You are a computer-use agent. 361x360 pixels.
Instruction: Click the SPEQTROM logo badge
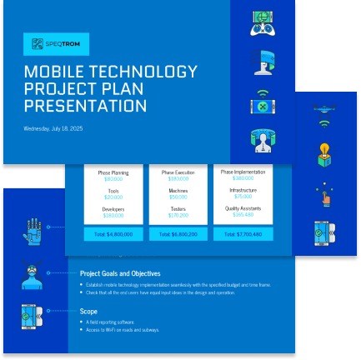(x=56, y=44)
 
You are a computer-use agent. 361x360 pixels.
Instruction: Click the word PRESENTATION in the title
(x=85, y=106)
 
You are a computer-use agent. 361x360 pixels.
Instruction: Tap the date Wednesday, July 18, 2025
(x=53, y=129)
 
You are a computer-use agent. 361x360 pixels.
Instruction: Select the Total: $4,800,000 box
(x=113, y=234)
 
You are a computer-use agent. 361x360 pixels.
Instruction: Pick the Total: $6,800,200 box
(x=178, y=234)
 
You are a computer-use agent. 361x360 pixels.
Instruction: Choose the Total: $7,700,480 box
(x=243, y=234)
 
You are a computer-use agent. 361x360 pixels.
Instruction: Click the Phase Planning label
(x=113, y=172)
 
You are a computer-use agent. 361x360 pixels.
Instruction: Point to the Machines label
(x=178, y=191)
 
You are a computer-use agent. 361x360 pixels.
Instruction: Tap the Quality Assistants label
(x=243, y=207)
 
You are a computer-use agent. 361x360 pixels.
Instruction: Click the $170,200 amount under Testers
(x=178, y=215)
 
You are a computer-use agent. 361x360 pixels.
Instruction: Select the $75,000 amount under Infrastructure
(x=243, y=197)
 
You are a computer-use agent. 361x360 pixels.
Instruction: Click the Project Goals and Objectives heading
(x=120, y=273)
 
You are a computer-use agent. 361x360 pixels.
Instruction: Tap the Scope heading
(x=88, y=312)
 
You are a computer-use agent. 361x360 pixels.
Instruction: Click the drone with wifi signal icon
(x=324, y=113)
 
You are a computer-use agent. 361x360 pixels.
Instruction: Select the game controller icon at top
(x=263, y=23)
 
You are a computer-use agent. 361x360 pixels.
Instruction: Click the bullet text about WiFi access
(x=122, y=330)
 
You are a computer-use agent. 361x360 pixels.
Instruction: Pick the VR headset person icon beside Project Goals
(x=33, y=273)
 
